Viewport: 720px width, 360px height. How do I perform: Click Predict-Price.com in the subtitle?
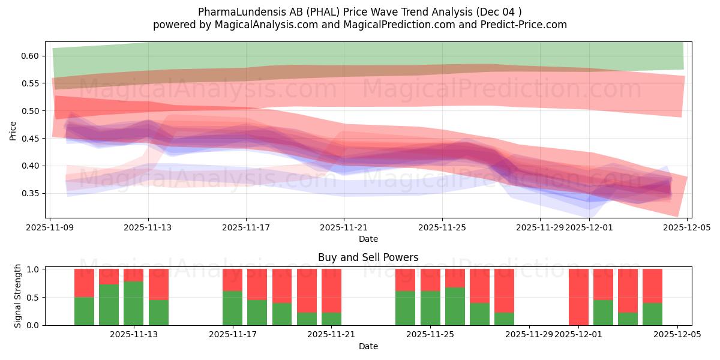[524, 25]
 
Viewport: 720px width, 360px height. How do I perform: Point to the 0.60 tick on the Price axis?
[29, 56]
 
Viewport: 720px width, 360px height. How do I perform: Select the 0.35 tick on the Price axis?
[29, 193]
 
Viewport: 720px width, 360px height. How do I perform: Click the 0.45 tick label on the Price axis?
[29, 139]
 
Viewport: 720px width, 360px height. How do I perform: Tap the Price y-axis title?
[13, 130]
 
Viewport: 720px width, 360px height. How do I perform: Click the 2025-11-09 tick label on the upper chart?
[50, 228]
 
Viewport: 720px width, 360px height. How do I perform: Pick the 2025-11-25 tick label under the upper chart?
[442, 228]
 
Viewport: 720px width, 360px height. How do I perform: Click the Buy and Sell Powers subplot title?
[368, 257]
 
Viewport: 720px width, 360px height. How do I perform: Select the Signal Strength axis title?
[18, 296]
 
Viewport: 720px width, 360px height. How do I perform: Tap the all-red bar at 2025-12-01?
[578, 297]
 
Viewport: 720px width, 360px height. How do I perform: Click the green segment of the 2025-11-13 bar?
[133, 303]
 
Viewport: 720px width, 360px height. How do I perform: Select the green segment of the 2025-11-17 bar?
[232, 308]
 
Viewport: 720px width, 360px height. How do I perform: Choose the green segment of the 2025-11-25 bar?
[430, 308]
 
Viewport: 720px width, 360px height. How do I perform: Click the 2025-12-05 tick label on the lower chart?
[677, 335]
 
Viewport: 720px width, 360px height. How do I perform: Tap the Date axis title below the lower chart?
[368, 346]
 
